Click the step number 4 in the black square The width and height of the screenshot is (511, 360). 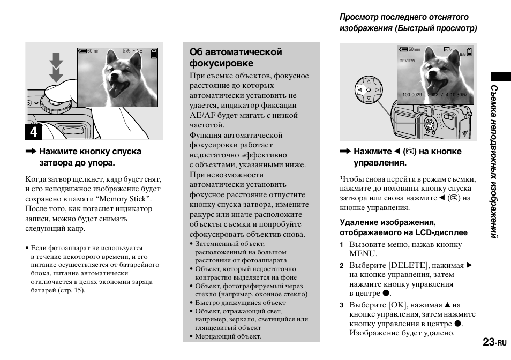(x=34, y=132)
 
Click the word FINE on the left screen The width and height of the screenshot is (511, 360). (x=138, y=51)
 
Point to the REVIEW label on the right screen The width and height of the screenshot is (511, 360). (x=407, y=61)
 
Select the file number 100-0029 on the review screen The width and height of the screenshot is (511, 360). (x=412, y=95)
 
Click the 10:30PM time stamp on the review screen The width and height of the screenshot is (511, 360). (x=459, y=95)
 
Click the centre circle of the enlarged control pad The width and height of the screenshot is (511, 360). (x=368, y=90)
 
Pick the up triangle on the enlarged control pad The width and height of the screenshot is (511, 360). (x=368, y=81)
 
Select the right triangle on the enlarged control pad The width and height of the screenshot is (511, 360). (x=377, y=90)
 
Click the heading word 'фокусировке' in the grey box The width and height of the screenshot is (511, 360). (x=214, y=63)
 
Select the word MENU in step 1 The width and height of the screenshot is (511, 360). (x=363, y=254)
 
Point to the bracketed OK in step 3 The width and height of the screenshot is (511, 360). (x=397, y=305)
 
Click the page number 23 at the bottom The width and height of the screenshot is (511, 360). (x=488, y=342)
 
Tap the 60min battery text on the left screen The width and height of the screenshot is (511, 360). (x=93, y=51)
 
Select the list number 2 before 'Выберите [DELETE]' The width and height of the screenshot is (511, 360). (x=341, y=265)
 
